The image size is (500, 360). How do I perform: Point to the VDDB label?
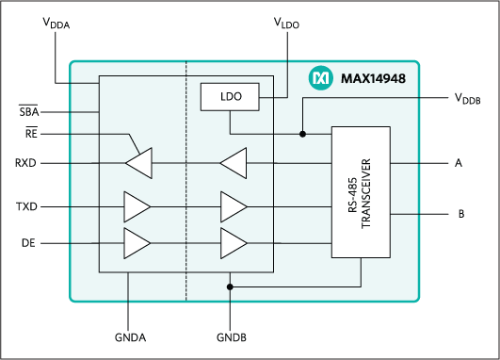click(x=467, y=97)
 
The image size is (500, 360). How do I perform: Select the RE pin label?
click(x=31, y=134)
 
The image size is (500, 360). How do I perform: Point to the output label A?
click(x=459, y=163)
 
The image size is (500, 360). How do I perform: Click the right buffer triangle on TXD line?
click(x=234, y=205)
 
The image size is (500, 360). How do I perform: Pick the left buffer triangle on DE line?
click(x=137, y=242)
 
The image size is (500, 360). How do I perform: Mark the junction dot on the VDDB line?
click(x=302, y=134)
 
